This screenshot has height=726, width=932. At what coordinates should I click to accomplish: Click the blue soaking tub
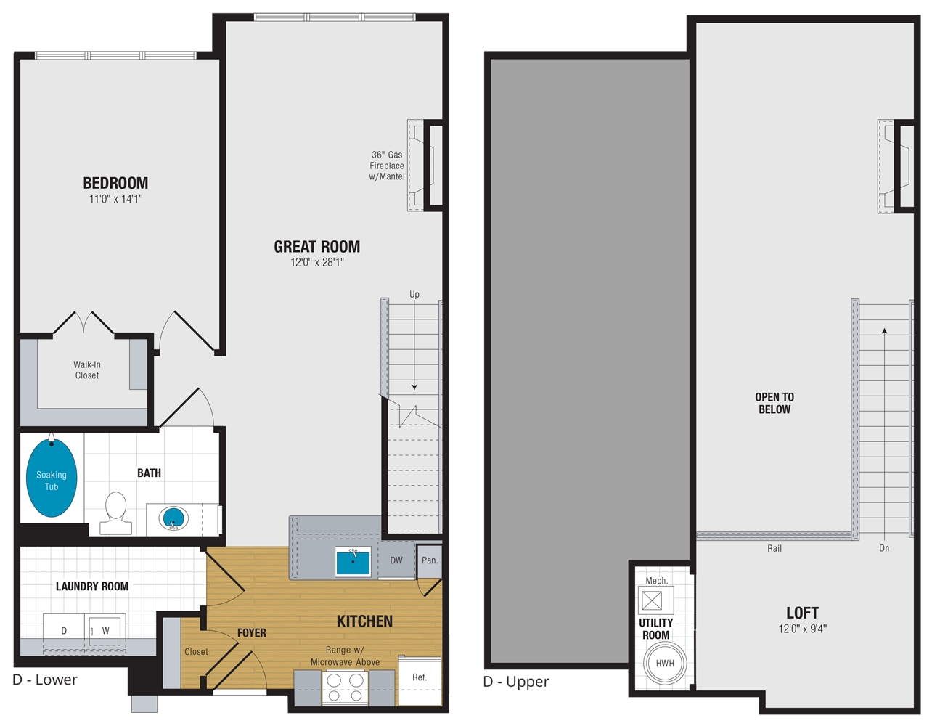[x=52, y=480]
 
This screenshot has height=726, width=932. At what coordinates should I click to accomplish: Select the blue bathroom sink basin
[x=173, y=518]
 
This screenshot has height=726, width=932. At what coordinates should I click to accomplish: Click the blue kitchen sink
[x=353, y=562]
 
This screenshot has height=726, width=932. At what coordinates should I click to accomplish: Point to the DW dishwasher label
[x=396, y=560]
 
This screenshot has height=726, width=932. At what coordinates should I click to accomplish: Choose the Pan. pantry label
[x=430, y=560]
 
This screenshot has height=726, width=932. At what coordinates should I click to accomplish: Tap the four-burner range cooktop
[x=346, y=687]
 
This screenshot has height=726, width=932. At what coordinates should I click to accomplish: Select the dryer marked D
[x=64, y=631]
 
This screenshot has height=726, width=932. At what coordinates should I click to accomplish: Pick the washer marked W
[x=106, y=631]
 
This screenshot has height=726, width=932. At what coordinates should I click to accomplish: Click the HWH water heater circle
[x=665, y=664]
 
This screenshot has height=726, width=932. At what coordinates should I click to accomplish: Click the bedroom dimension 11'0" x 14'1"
[x=115, y=199]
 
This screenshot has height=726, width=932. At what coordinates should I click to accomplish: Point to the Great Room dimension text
[x=317, y=263]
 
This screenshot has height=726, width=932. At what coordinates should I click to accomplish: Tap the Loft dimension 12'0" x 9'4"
[x=802, y=629]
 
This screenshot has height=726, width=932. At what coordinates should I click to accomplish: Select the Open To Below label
[x=774, y=403]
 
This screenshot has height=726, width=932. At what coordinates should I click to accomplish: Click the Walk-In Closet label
[x=87, y=370]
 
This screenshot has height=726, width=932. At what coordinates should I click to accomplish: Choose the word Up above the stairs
[x=414, y=294]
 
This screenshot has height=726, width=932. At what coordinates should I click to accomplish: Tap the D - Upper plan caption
[x=516, y=682]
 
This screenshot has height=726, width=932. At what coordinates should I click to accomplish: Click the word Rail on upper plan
[x=774, y=548]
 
